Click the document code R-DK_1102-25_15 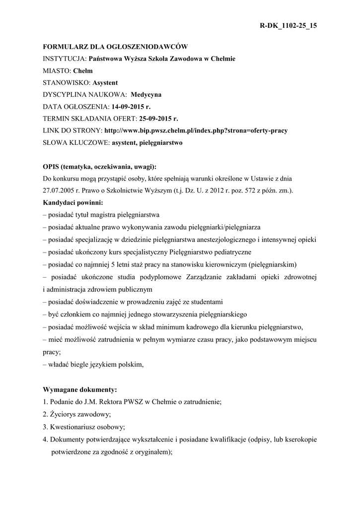click(x=288, y=25)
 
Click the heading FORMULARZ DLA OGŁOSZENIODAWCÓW click(x=115, y=47)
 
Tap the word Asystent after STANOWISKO click(x=105, y=83)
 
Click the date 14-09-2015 click(x=129, y=107)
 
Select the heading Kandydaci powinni click(x=73, y=203)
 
